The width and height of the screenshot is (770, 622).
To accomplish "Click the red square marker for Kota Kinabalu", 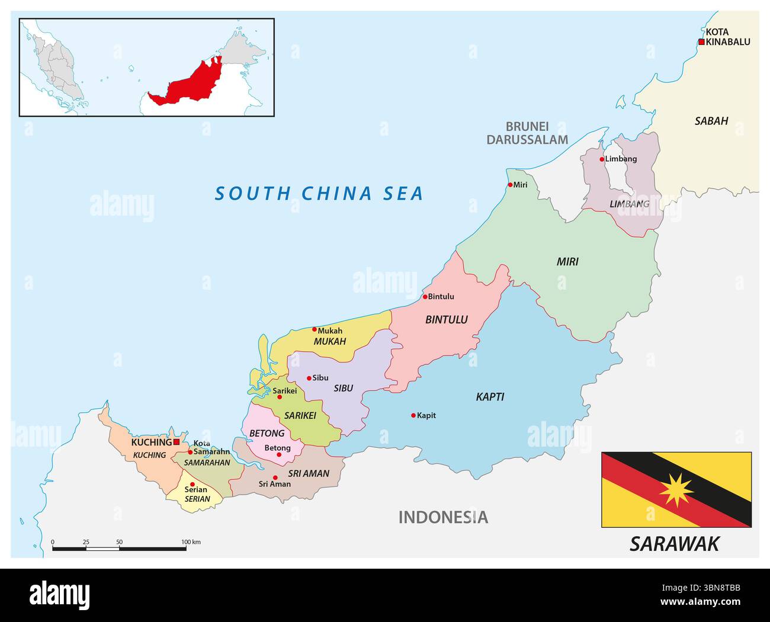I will pyautogui.click(x=701, y=42).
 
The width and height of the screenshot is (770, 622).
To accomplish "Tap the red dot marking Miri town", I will pyautogui.click(x=510, y=185).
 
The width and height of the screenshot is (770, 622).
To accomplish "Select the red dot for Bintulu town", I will pyautogui.click(x=425, y=297).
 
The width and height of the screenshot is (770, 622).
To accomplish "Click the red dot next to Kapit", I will pyautogui.click(x=413, y=416).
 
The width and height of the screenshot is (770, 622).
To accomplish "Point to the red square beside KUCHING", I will pyautogui.click(x=177, y=442).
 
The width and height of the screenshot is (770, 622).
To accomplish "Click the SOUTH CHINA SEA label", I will pyautogui.click(x=319, y=194).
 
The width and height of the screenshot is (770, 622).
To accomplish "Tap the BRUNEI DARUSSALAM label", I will pyautogui.click(x=527, y=133).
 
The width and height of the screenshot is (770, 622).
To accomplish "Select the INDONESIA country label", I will pyautogui.click(x=443, y=517).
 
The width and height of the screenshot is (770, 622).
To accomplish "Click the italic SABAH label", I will pyautogui.click(x=711, y=121).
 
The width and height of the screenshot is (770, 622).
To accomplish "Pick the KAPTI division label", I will pyautogui.click(x=490, y=397).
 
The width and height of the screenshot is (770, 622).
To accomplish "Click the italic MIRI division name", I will pyautogui.click(x=567, y=262).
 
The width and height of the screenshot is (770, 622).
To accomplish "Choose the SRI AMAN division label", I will pyautogui.click(x=308, y=473).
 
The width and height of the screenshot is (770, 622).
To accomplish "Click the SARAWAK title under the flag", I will pyautogui.click(x=674, y=543).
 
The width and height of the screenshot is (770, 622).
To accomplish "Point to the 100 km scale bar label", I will pyautogui.click(x=191, y=541).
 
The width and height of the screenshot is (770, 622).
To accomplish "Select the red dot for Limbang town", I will pyautogui.click(x=602, y=159).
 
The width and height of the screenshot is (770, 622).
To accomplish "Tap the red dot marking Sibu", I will pyautogui.click(x=309, y=378).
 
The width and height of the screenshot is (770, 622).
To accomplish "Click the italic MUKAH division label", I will pyautogui.click(x=329, y=342).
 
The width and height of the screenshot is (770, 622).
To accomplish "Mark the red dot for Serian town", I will pyautogui.click(x=192, y=485).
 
